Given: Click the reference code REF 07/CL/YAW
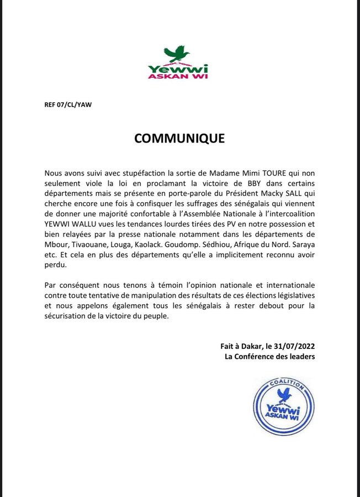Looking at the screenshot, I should pos(68,104).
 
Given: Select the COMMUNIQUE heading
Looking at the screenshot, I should pos(179,138).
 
